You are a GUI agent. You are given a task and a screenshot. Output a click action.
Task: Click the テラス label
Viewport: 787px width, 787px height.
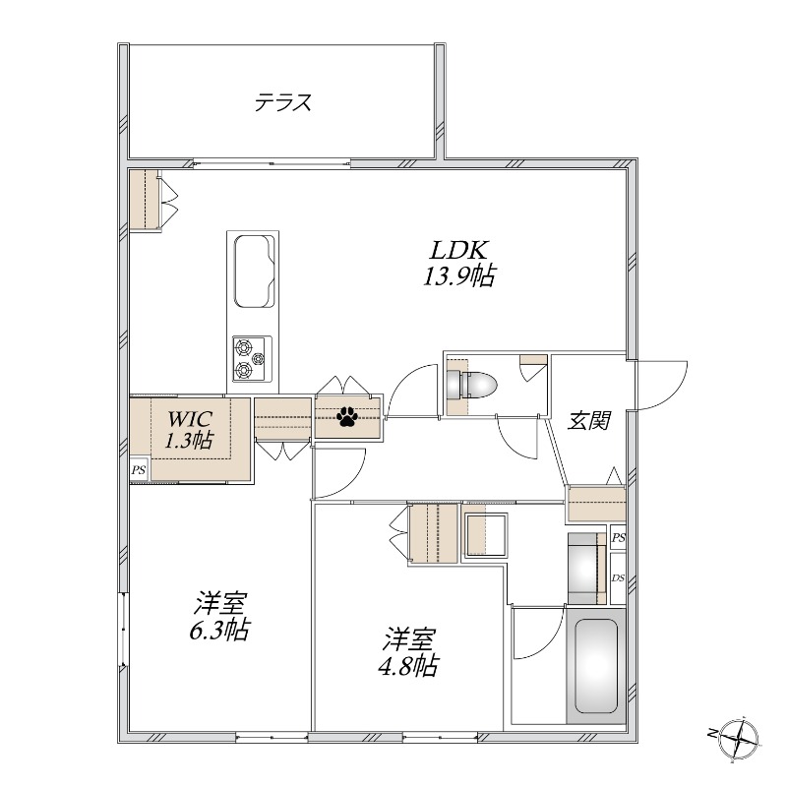tap(283, 102)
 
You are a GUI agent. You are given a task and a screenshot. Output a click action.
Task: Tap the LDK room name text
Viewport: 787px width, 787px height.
tap(460, 250)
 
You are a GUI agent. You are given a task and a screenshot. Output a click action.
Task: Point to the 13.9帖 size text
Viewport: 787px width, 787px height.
tap(459, 275)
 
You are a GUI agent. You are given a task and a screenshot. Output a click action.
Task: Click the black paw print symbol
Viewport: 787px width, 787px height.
tap(347, 416)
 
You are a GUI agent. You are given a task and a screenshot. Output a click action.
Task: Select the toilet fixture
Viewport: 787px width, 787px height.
tap(472, 386)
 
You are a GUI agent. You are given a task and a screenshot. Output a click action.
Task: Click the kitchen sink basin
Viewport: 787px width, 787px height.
tap(255, 271)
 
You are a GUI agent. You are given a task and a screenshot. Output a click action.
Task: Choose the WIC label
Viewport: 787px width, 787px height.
tap(190, 418)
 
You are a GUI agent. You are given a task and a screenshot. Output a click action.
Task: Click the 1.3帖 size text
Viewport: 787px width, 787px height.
tap(190, 440)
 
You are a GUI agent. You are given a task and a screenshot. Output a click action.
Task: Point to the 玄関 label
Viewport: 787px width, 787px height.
tap(589, 421)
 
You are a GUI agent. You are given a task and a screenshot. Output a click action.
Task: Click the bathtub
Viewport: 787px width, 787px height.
tap(596, 666)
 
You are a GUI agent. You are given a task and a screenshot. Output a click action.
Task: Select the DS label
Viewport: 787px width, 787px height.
tap(618, 577)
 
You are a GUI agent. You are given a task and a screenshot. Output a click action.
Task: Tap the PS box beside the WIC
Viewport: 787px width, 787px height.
tap(139, 471)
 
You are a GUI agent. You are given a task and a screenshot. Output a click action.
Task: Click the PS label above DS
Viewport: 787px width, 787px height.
tap(619, 537)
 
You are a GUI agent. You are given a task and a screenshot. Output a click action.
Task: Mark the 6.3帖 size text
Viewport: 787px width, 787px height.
tap(219, 630)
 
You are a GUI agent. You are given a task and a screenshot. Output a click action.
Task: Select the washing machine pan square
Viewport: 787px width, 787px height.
tap(485, 535)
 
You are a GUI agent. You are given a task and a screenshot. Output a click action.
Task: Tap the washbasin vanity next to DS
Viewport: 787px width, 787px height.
tap(587, 568)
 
